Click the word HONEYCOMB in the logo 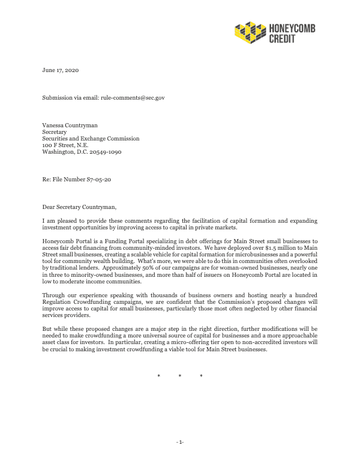point(292,28)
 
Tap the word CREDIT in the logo point(283,39)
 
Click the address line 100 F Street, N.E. point(68,145)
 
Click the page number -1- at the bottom point(180,442)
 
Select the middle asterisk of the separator point(180,377)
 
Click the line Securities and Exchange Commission point(91,138)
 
